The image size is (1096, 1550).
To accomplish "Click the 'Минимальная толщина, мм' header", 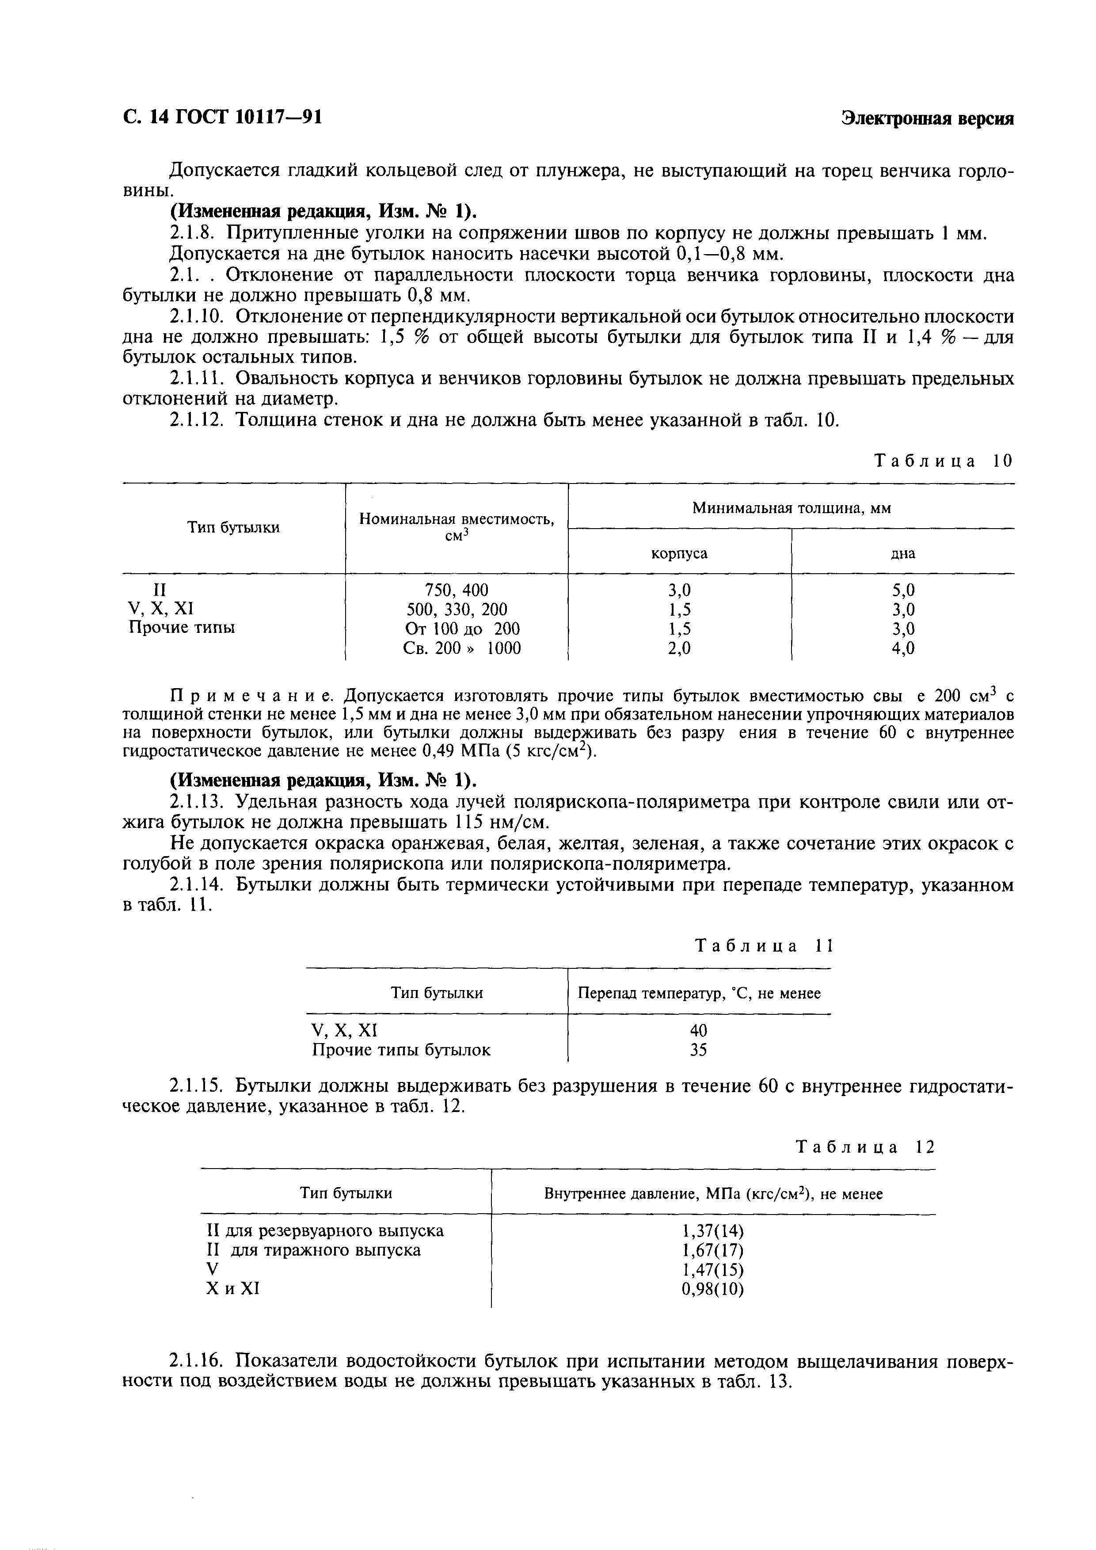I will tap(791, 508).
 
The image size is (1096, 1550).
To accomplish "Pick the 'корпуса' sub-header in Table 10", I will tap(679, 553).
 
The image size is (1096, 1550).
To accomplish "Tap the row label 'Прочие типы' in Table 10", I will tap(182, 628).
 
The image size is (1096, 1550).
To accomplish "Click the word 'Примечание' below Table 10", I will tap(252, 695).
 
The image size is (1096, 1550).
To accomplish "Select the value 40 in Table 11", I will tap(699, 1030).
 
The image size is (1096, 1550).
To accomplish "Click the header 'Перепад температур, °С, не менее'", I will tap(699, 994).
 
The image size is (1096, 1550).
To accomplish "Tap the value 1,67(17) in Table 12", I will tap(713, 1250).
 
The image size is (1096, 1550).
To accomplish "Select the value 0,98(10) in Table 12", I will tap(713, 1289).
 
